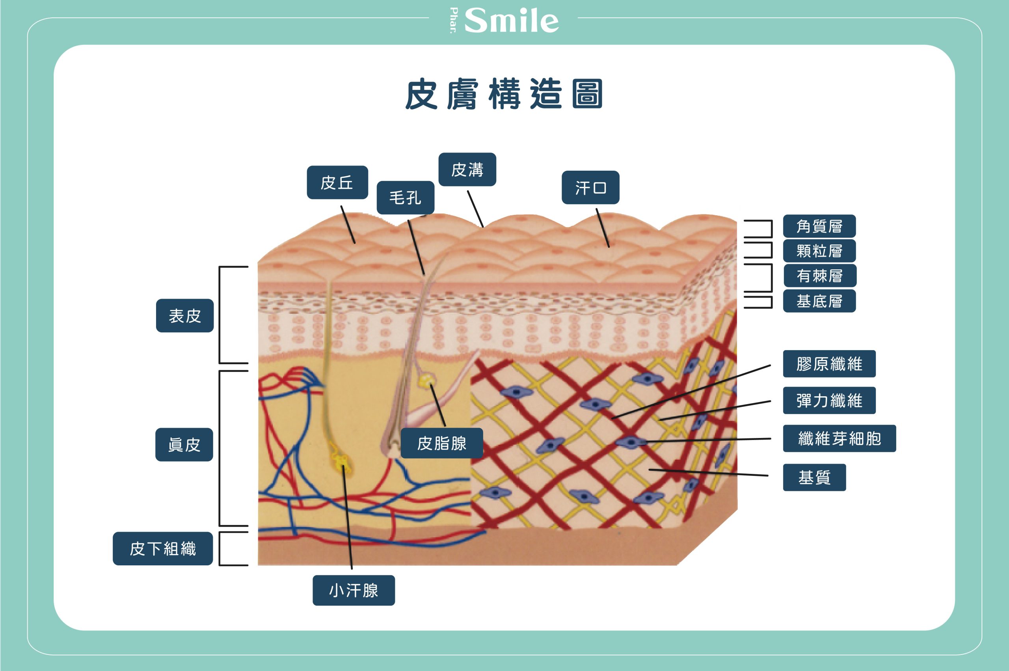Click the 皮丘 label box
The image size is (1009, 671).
(337, 182)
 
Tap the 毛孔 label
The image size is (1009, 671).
(405, 197)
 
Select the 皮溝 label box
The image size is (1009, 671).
(467, 170)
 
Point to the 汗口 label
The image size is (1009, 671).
(590, 187)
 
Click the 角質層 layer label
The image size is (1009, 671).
(819, 226)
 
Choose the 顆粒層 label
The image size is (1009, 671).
(819, 251)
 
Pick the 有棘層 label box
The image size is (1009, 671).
(819, 276)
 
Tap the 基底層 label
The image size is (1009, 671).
(819, 301)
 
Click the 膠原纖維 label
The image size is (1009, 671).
(829, 364)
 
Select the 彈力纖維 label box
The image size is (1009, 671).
(829, 401)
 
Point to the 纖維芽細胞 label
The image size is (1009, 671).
(839, 438)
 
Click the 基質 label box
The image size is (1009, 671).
(814, 477)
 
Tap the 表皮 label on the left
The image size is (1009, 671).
(185, 315)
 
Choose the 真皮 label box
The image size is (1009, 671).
(184, 444)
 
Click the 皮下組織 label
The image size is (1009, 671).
(162, 549)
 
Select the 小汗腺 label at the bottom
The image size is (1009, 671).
(354, 590)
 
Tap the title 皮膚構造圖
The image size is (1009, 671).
(504, 94)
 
